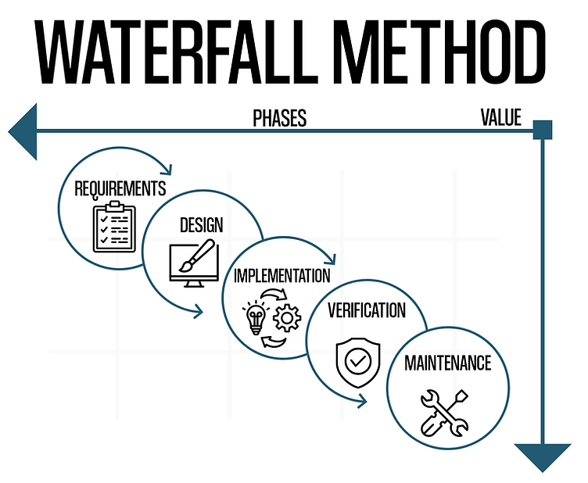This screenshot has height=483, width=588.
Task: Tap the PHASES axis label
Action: [x=279, y=118]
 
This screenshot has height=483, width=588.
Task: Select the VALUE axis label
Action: [x=500, y=117]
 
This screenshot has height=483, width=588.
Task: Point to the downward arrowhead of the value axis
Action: [x=542, y=455]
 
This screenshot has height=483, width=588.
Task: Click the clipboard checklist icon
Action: [x=114, y=226]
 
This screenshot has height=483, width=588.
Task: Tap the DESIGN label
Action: [x=201, y=226]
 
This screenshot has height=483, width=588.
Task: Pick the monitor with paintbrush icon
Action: [x=192, y=263]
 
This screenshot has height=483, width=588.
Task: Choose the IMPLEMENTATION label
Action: [x=281, y=275]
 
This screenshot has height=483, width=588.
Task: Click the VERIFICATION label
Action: [x=367, y=310]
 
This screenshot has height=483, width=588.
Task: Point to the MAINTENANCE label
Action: [x=447, y=363]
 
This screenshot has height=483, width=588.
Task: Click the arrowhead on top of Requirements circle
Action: [x=167, y=166]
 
